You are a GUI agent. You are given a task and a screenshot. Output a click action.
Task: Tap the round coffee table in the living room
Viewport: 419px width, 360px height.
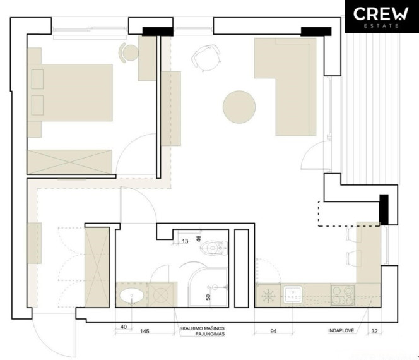click(239, 107)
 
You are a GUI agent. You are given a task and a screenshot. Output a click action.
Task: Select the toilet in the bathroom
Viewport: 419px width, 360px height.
click(214, 248)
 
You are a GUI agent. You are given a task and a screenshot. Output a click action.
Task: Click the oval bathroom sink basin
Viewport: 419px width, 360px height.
click(132, 296)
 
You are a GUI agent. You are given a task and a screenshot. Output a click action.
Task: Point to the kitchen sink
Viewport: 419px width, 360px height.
click(293, 294)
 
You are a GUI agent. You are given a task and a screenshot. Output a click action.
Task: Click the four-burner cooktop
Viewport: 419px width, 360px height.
click(343, 296)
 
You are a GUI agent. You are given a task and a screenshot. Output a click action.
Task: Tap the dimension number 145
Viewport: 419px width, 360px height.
click(145, 332)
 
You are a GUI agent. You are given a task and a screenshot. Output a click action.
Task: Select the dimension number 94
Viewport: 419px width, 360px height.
click(273, 332)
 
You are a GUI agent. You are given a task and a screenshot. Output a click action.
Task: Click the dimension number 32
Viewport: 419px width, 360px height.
click(375, 332)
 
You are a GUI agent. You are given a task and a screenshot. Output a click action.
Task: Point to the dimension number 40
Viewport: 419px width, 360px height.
click(124, 327)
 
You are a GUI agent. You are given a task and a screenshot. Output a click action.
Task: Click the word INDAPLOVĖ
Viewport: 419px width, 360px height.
click(341, 331)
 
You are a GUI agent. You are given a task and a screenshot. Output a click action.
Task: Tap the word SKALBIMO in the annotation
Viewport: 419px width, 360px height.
click(191, 328)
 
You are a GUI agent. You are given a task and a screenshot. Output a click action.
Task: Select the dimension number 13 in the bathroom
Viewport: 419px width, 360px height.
click(185, 241)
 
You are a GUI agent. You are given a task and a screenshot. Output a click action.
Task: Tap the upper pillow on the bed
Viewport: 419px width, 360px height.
click(37, 79)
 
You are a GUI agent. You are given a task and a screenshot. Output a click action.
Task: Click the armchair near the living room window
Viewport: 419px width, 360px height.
click(206, 58)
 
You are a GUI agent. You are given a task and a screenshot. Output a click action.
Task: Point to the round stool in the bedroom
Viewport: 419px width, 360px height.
click(129, 52)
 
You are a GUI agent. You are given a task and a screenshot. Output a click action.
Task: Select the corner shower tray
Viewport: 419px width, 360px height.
click(208, 287)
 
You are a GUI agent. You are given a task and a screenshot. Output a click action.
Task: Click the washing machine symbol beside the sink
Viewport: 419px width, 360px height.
click(162, 295)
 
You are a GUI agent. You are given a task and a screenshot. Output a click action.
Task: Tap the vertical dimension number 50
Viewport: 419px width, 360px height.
click(208, 297)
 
